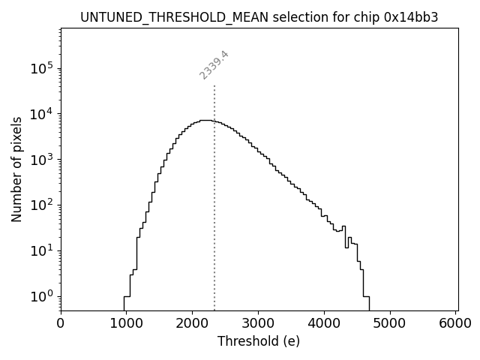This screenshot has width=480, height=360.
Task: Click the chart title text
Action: pos(259,17)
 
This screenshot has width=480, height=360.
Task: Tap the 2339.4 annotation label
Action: pos(214,64)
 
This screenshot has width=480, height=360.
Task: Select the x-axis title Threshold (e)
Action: pos(259,341)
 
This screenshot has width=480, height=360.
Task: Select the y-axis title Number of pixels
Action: pos(16,169)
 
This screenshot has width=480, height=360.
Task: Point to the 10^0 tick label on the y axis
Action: pos(41,296)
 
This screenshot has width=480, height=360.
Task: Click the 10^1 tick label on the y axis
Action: pos(41,250)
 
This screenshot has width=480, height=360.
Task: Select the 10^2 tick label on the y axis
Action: pos(41,205)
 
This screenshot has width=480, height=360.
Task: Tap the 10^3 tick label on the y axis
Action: pos(41,160)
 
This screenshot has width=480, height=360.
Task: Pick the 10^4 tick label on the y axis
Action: pos(41,114)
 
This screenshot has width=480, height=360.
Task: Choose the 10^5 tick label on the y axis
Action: pos(41,68)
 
